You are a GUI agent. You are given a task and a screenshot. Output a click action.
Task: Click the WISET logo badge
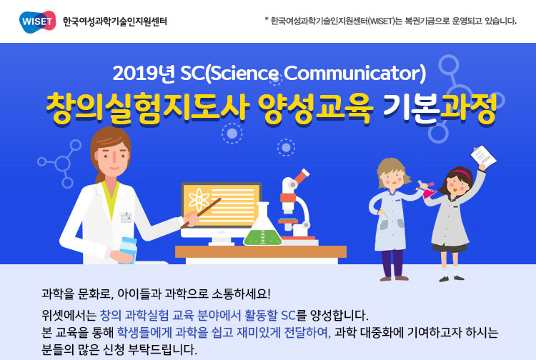point(38,21)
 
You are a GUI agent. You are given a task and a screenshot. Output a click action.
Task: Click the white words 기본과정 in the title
point(440,109)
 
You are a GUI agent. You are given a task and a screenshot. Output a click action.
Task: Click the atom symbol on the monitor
point(199,200)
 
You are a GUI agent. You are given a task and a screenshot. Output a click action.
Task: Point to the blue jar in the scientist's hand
point(128,251)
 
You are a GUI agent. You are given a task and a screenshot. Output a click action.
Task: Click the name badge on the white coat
point(126,218)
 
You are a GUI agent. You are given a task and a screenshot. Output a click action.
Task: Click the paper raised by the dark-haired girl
point(483,156)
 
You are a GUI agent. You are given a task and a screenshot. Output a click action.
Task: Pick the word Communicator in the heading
point(354,73)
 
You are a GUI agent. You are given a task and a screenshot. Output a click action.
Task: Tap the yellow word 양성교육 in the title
point(315,109)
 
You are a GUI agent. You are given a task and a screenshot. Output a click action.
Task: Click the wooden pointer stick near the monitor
point(201,213)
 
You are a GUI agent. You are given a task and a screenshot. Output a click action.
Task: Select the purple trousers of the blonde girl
point(393,263)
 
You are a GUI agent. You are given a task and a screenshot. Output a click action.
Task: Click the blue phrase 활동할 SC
point(269,315)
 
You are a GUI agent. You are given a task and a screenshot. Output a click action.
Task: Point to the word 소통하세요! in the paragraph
point(242,294)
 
